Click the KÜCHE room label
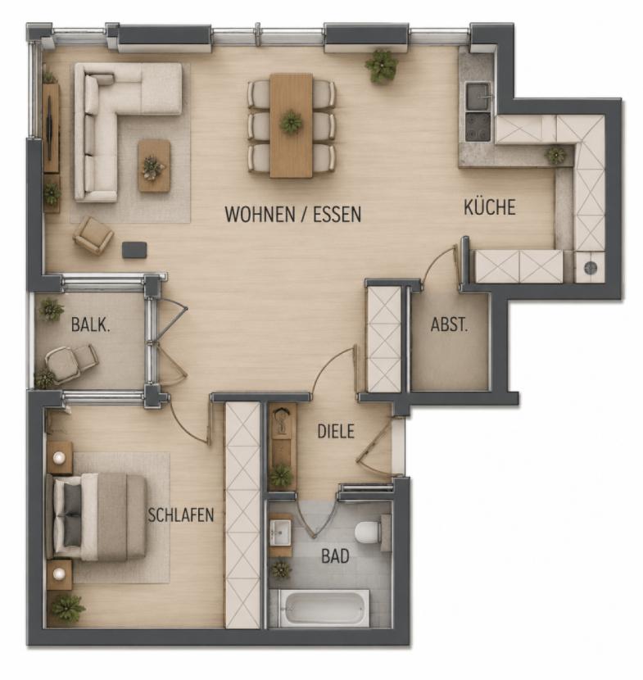click(490, 206)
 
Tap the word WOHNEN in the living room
click(260, 214)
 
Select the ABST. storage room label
click(449, 324)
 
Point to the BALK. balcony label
click(90, 324)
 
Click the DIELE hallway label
click(336, 432)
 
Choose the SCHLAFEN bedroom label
click(181, 515)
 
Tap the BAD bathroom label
click(335, 556)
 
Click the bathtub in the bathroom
click(324, 608)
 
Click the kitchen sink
click(478, 97)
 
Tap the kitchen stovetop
click(478, 127)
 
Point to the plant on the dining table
click(291, 122)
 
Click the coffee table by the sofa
click(154, 165)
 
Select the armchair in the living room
click(93, 235)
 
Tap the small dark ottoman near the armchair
click(134, 250)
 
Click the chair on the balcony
click(71, 364)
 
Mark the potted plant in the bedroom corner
click(67, 608)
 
